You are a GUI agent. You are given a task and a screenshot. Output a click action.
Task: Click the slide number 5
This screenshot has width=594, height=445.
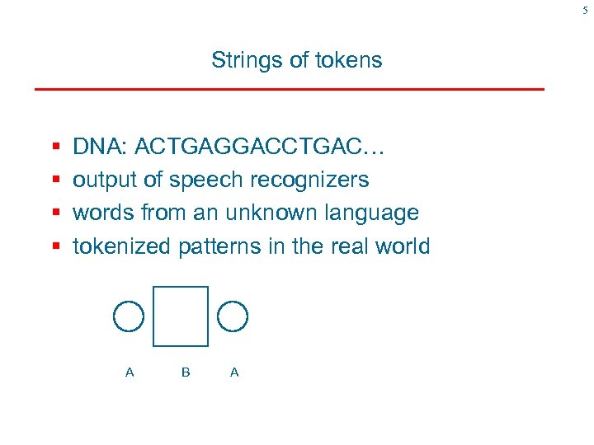[x=585, y=10]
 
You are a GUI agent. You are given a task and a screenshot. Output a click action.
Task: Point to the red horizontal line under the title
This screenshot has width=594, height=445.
[x=289, y=88]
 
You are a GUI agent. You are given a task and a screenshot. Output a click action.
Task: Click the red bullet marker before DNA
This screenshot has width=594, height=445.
[x=55, y=148]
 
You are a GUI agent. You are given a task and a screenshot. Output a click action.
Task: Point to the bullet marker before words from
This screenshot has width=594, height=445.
[x=55, y=213]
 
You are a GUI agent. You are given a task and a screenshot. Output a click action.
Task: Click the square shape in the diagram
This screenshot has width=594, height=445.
[x=181, y=316]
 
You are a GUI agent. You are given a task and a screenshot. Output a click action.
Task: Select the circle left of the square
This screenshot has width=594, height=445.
[x=128, y=316]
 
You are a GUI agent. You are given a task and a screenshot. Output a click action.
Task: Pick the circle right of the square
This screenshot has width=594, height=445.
[x=233, y=316]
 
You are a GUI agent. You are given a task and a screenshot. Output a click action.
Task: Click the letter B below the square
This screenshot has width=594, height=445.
[x=186, y=372]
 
